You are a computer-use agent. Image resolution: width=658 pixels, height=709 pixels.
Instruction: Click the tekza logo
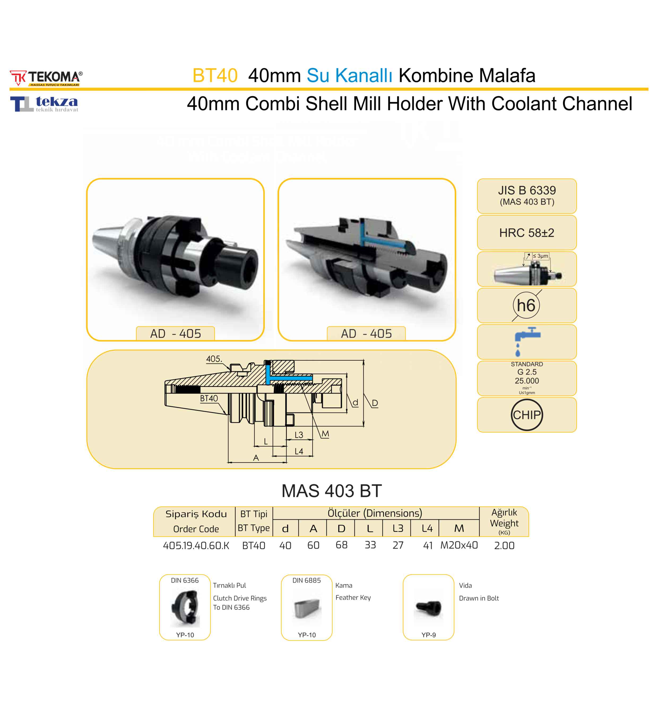click(44, 104)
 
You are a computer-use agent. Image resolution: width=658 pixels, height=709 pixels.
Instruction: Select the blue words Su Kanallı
click(349, 75)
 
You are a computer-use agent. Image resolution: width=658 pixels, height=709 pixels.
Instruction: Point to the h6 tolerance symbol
click(526, 305)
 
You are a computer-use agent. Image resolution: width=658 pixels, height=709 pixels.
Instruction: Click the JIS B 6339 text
click(527, 190)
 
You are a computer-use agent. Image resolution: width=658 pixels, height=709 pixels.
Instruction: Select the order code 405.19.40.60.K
click(196, 545)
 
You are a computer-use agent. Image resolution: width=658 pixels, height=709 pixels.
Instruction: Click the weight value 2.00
click(504, 545)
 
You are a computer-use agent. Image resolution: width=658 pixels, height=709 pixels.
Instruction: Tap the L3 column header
click(398, 528)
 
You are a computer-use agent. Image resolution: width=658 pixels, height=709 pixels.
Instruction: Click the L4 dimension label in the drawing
click(299, 451)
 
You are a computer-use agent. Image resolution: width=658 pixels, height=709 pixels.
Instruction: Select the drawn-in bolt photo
click(428, 608)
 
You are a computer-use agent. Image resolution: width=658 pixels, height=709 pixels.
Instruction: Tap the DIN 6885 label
click(306, 580)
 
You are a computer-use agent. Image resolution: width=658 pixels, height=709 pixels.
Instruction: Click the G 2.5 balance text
click(527, 372)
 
